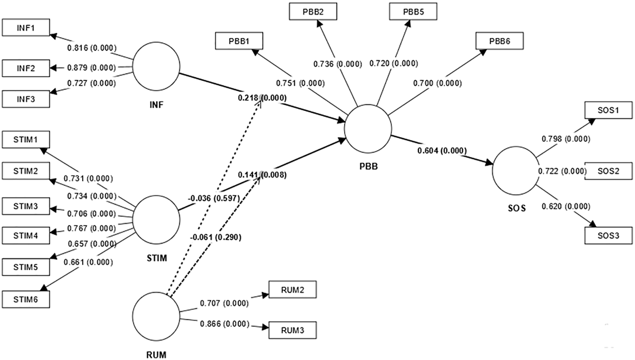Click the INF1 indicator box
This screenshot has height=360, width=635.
point(26,28)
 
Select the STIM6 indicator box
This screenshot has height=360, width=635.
point(26,299)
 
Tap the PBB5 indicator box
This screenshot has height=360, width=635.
point(413,12)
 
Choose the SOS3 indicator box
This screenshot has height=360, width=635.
point(608,236)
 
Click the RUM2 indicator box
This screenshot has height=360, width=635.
point(293,290)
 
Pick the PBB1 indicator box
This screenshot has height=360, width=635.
point(239,41)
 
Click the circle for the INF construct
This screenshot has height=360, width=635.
point(156,66)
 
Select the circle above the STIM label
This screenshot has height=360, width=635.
point(156,220)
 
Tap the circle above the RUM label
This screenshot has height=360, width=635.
point(156,316)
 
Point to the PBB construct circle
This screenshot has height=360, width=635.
point(368,129)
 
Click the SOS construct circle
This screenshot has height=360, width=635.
point(516,171)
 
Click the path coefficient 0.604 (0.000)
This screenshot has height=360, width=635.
point(442,151)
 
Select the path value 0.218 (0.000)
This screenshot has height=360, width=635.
point(262,98)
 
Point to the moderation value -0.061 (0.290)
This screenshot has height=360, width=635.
point(216,237)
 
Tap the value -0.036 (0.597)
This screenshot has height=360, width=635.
point(214,198)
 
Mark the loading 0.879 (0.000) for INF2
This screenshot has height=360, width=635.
point(92,68)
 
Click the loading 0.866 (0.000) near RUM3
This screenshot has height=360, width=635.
point(225,324)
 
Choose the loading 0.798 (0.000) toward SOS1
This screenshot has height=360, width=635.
point(566,139)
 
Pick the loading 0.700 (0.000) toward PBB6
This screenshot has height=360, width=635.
point(438,83)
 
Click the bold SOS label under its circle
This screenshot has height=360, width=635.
point(517,208)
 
